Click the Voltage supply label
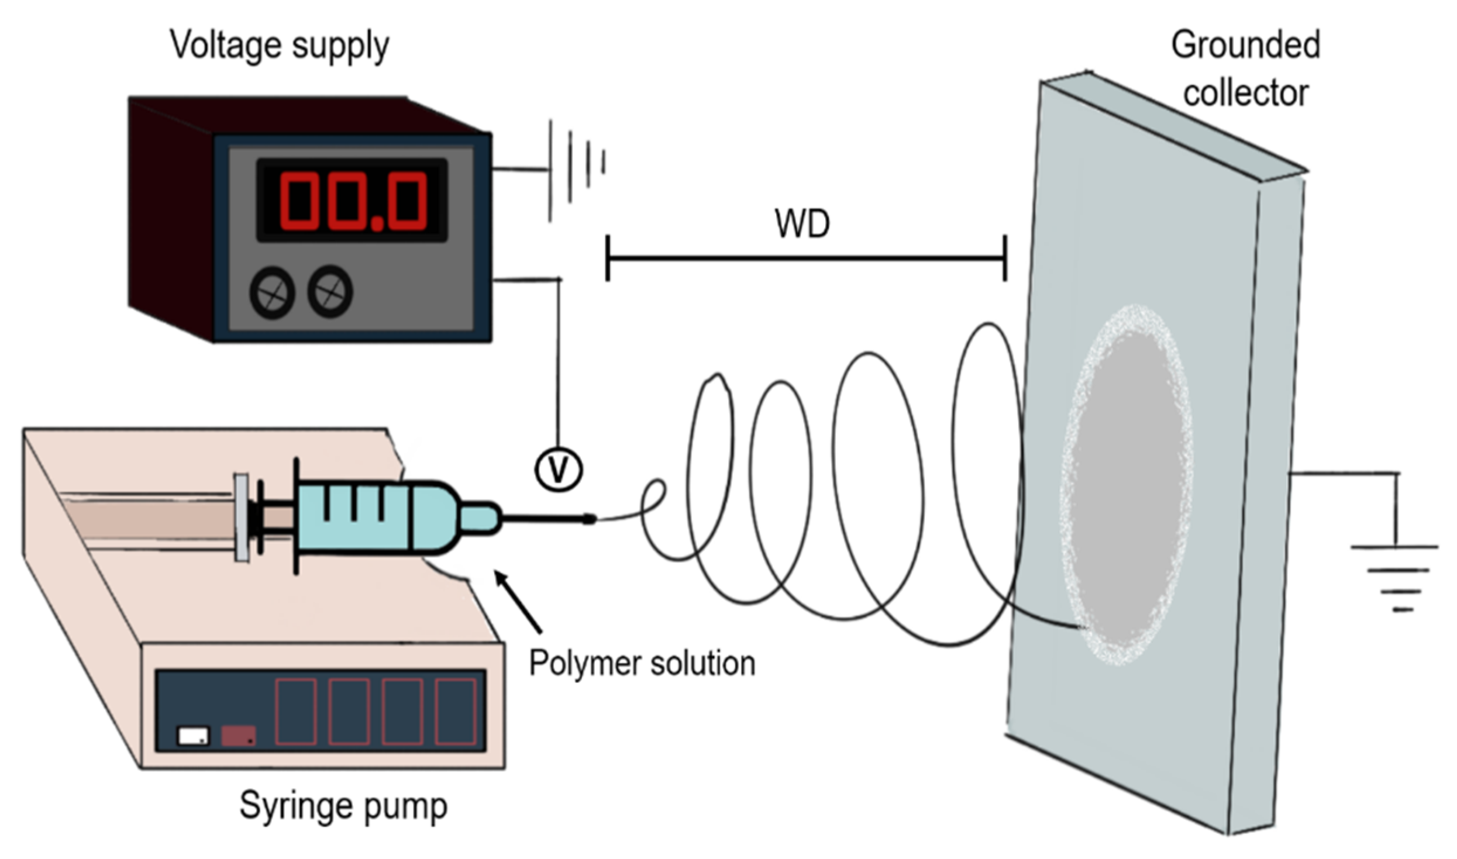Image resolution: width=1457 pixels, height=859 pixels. pyautogui.click(x=280, y=46)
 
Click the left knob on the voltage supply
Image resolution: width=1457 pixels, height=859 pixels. pyautogui.click(x=272, y=292)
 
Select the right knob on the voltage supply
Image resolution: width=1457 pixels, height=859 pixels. pyautogui.click(x=330, y=291)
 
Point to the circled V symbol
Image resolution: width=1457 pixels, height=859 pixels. pyautogui.click(x=558, y=470)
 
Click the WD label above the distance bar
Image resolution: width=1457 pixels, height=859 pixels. pyautogui.click(x=802, y=223)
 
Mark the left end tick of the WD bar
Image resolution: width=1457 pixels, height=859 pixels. pyautogui.click(x=608, y=258)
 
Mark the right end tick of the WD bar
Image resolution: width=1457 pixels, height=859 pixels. pyautogui.click(x=1005, y=258)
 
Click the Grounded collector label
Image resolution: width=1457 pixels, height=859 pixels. pyautogui.click(x=1245, y=69)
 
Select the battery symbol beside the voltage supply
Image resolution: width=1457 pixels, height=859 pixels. pyautogui.click(x=576, y=170)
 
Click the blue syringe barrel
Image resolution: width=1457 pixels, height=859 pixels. pyautogui.click(x=374, y=518)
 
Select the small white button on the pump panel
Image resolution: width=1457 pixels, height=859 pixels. pyautogui.click(x=193, y=736)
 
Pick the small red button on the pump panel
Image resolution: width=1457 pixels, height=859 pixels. pyautogui.click(x=238, y=736)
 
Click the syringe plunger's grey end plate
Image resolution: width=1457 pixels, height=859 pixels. pyautogui.click(x=241, y=518)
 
